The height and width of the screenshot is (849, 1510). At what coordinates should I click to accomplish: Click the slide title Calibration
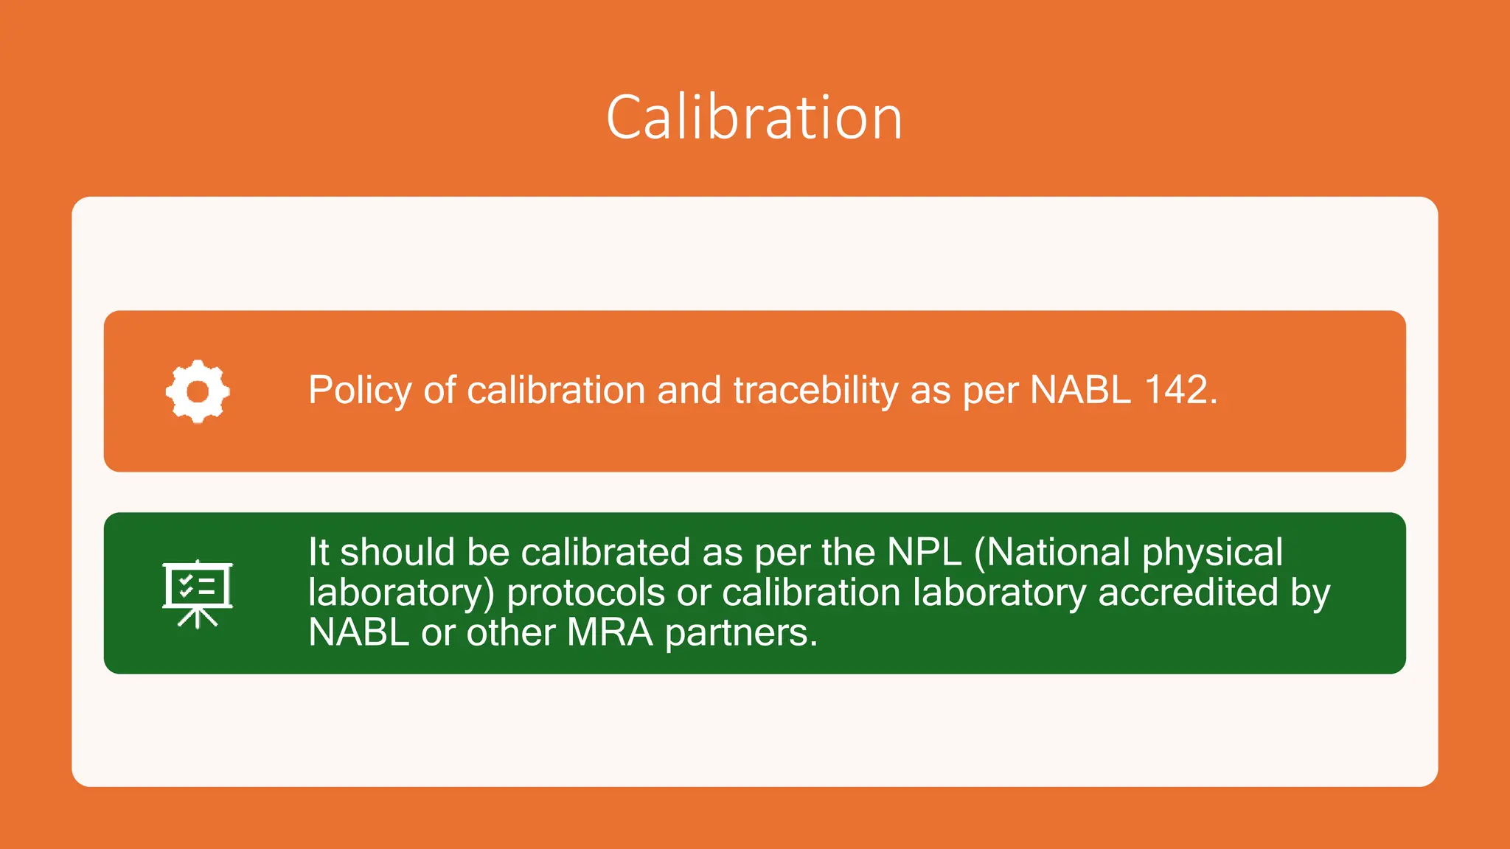point(754,118)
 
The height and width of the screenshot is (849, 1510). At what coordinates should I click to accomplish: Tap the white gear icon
point(198,391)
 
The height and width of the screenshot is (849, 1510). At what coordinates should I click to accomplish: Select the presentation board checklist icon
point(198,593)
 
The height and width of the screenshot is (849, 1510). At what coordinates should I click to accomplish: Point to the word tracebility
point(815,391)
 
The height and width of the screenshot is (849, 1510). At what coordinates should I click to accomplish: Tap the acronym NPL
point(925,552)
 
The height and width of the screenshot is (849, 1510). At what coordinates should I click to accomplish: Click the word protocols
point(585,593)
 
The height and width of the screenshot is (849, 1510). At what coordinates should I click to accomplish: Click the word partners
point(741,633)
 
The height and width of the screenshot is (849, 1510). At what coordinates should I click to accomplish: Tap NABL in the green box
point(358,632)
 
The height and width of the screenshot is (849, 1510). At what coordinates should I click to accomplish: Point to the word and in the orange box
point(689,390)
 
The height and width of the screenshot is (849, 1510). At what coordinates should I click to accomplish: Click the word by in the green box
point(1310,593)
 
